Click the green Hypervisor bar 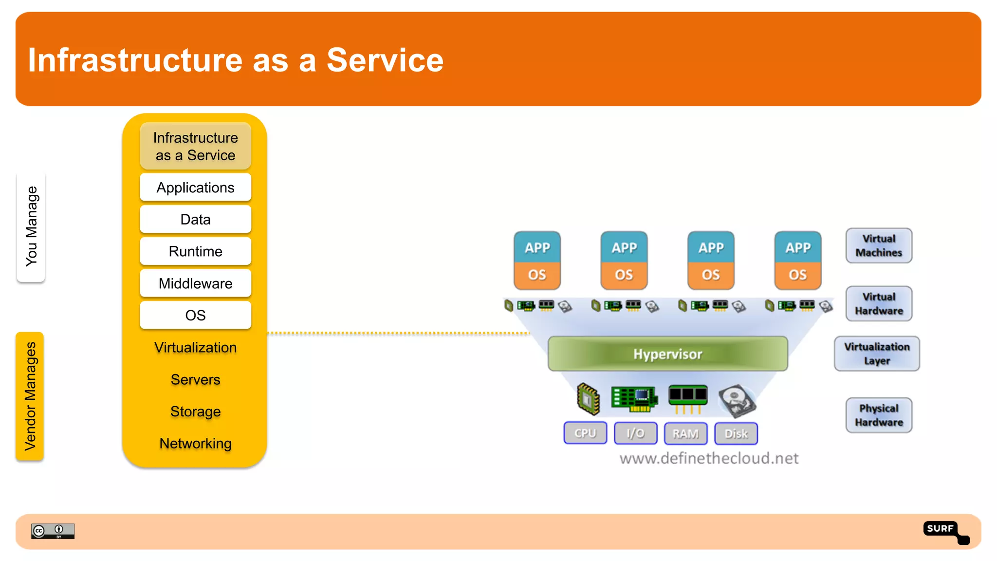(667, 354)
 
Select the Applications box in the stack (195, 187)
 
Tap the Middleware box (195, 283)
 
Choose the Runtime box (195, 251)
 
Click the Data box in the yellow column (195, 219)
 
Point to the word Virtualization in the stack (195, 348)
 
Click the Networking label (195, 444)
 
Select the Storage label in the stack (195, 412)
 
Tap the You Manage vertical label (31, 226)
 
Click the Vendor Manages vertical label (30, 396)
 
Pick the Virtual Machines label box (879, 245)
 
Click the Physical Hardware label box (879, 415)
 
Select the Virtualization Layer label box (877, 354)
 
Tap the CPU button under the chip (585, 433)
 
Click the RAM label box (685, 433)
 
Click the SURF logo (946, 532)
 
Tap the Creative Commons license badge (53, 531)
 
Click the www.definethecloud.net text (709, 458)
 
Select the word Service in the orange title (385, 60)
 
